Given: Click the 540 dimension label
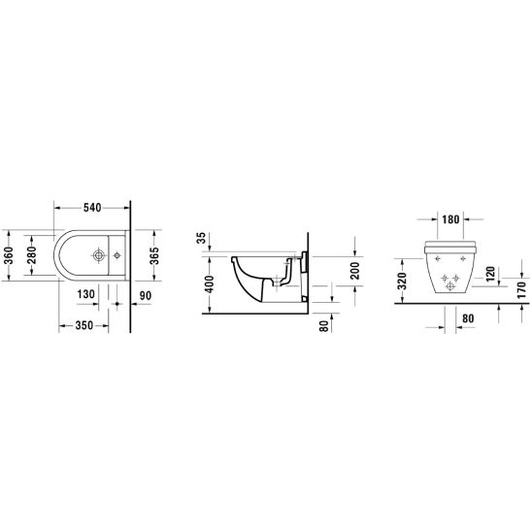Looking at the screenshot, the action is (x=92, y=208).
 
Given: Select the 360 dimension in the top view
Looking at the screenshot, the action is (x=8, y=255).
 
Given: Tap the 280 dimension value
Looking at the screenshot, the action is (x=31, y=255).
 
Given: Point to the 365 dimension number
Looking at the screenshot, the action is (x=154, y=255).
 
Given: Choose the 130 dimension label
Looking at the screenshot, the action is (x=85, y=294).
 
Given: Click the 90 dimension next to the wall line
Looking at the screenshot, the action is (x=146, y=295).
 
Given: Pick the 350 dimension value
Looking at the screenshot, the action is (x=83, y=325).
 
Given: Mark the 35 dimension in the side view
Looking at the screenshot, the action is (x=201, y=238).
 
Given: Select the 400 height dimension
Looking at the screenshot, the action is (x=210, y=284).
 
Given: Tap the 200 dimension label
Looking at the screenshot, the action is (x=355, y=271).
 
